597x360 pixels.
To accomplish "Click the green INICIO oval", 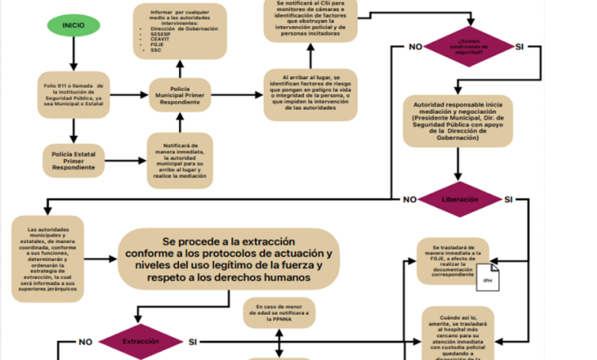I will pyautogui.click(x=73, y=25).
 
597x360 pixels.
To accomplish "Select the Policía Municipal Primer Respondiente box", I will pyautogui.click(x=179, y=94).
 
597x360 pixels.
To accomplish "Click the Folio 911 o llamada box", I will pyautogui.click(x=73, y=94).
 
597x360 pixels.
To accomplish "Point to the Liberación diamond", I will pyautogui.click(x=460, y=200).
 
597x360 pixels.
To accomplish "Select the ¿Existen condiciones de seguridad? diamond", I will pyautogui.click(x=468, y=47).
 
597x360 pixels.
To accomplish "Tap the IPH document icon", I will pyautogui.click(x=488, y=280).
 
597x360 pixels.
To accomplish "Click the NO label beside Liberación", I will pyautogui.click(x=410, y=200).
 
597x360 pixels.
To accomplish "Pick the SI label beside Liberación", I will pyautogui.click(x=509, y=200).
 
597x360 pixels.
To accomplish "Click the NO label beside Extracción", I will pyautogui.click(x=86, y=342).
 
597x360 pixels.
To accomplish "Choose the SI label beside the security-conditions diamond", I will pyautogui.click(x=520, y=47).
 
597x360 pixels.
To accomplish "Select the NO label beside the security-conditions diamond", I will pyautogui.click(x=416, y=47).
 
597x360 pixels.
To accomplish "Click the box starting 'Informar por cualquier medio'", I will pyautogui.click(x=179, y=31).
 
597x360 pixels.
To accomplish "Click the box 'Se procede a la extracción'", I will pyautogui.click(x=228, y=258).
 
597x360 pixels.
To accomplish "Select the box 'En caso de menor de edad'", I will pyautogui.click(x=278, y=313).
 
